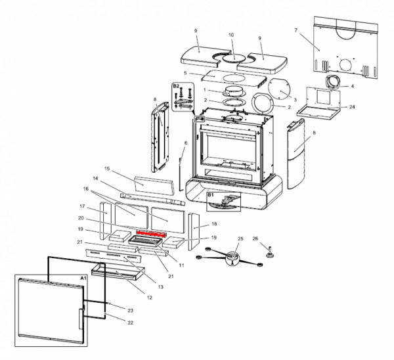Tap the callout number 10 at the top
coord(230,35)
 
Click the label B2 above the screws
coord(176,86)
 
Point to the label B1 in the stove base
coord(211,195)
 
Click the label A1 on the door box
coord(83,279)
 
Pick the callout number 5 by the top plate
coord(186,73)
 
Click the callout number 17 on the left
coord(82,206)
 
